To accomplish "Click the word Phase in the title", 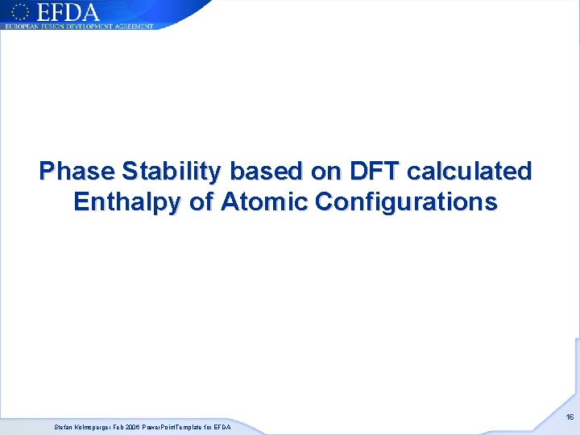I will tap(77, 172).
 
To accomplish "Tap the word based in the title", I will tap(267, 172).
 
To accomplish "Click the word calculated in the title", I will tap(470, 172).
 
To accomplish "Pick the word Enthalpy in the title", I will tap(127, 202).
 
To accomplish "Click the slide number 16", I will tap(569, 417).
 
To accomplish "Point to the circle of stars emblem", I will tap(21, 11).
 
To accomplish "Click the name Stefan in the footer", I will tap(63, 427).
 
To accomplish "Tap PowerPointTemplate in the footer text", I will tap(174, 427).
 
